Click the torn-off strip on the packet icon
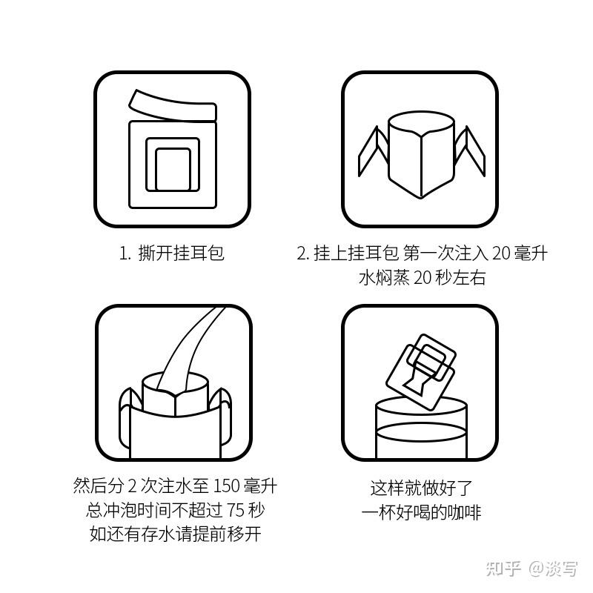[173, 107]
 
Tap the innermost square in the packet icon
[173, 169]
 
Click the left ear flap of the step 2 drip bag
[373, 152]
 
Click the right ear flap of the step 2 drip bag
[470, 151]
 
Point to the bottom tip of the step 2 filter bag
[421, 197]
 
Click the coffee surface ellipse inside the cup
[421, 433]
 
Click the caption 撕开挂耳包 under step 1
[181, 253]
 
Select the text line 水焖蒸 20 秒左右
[422, 278]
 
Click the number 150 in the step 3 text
[226, 486]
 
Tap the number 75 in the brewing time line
[236, 511]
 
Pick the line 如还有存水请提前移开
[175, 534]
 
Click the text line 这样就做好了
[421, 488]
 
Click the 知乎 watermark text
[504, 568]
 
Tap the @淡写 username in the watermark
[553, 568]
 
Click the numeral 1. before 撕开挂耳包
[125, 254]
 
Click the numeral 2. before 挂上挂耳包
[303, 254]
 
